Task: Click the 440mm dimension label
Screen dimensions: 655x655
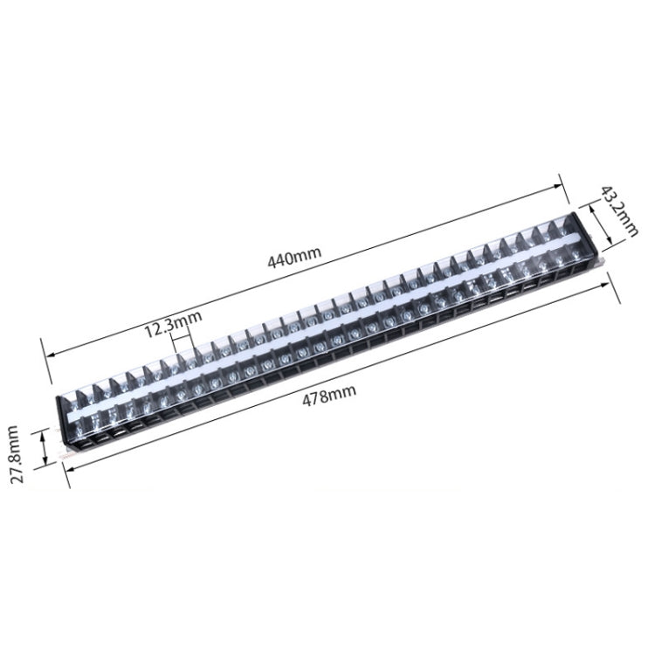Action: point(294,258)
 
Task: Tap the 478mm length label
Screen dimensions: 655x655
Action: point(329,395)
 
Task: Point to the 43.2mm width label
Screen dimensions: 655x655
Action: point(619,211)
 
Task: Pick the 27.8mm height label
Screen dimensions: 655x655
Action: point(18,454)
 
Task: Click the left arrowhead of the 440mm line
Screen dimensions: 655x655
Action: point(50,355)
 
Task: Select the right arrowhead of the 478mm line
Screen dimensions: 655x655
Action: point(604,286)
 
